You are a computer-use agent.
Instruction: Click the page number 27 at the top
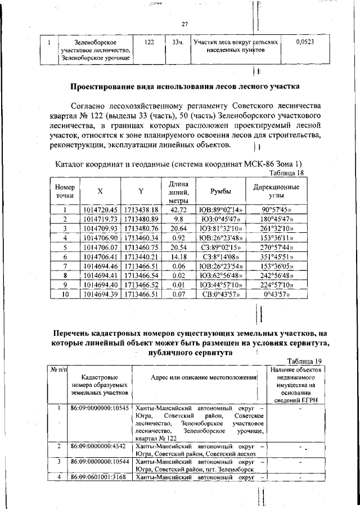[x=184, y=24]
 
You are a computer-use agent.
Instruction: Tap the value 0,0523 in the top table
[x=305, y=42]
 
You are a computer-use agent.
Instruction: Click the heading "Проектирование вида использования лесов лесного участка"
[x=185, y=87]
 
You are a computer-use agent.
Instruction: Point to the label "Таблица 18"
[x=287, y=173]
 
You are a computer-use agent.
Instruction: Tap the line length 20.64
[x=178, y=228]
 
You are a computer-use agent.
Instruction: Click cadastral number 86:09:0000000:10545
[x=100, y=407]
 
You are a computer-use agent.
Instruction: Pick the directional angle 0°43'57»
[x=276, y=294]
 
